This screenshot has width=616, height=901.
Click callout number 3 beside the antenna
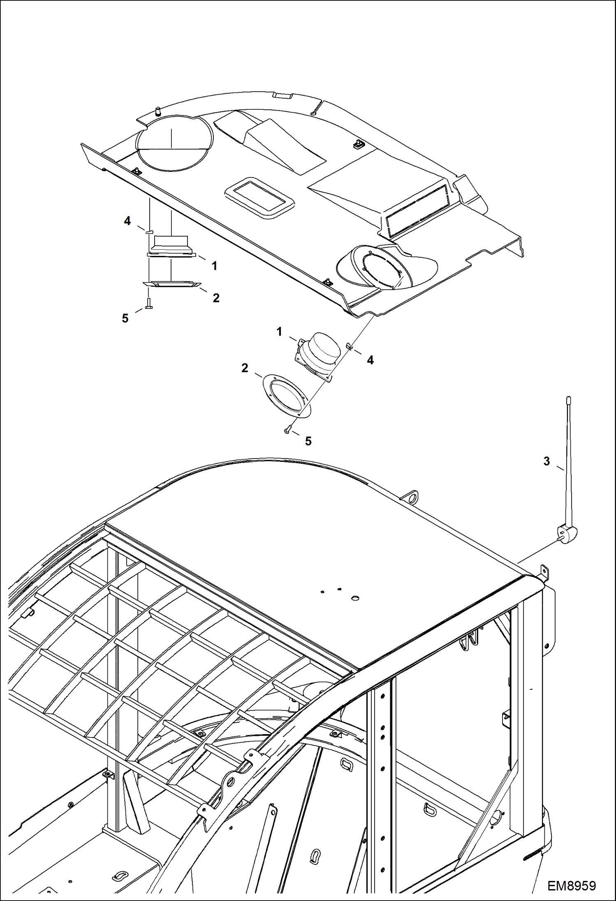[546, 461]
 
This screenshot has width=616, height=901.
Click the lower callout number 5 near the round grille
[308, 441]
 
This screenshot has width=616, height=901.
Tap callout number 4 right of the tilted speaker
[370, 360]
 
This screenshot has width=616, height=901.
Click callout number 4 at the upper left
[127, 221]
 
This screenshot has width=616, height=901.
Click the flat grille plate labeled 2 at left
[171, 284]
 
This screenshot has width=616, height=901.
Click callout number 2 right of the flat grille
[216, 298]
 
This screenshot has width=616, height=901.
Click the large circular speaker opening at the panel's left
[175, 143]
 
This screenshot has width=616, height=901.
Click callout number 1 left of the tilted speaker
[279, 332]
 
